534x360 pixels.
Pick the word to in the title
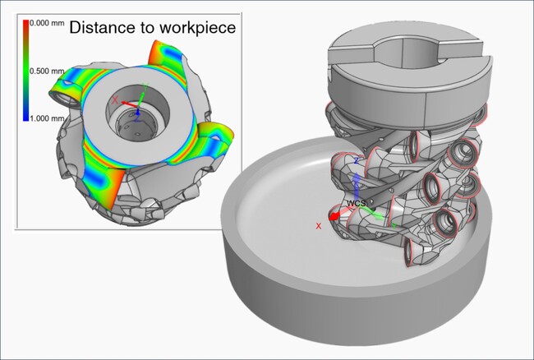[147, 28]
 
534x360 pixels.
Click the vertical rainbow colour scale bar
[26, 71]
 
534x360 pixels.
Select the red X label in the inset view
[115, 99]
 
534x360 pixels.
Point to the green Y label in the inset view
[145, 86]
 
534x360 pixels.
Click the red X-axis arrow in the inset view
[129, 104]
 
